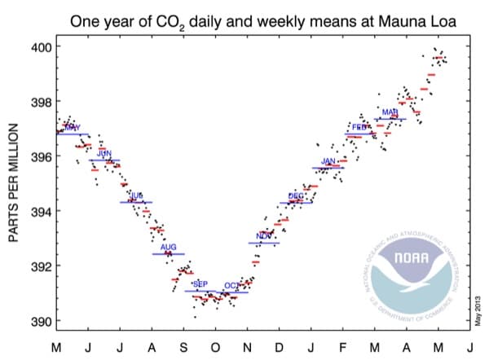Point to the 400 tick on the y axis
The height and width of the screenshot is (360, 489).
[42, 47]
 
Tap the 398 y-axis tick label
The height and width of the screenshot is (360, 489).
[42, 102]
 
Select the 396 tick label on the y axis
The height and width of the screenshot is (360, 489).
[42, 156]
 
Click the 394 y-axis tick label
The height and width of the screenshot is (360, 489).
[42, 212]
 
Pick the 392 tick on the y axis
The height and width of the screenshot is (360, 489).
[42, 266]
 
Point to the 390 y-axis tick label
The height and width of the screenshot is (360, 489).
[42, 321]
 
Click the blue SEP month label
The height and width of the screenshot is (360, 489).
[200, 283]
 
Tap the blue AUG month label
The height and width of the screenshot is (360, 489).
[169, 247]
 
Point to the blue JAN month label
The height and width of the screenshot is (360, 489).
[328, 161]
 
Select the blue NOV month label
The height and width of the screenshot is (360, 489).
[264, 236]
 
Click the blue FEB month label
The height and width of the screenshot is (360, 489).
[359, 127]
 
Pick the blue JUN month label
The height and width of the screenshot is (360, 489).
[104, 153]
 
